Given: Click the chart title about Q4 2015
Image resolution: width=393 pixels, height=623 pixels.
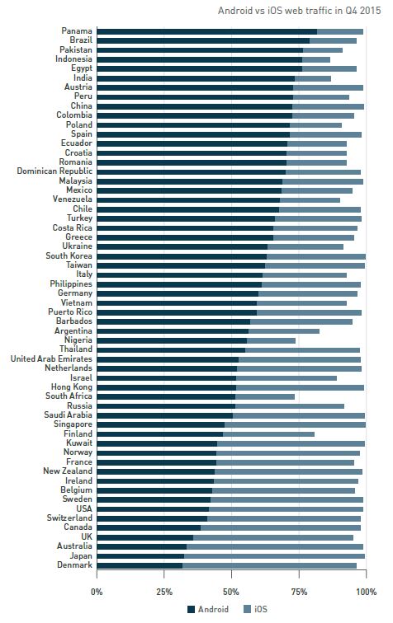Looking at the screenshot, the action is tap(299, 11).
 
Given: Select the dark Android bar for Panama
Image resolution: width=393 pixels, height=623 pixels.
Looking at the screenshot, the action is tap(207, 31).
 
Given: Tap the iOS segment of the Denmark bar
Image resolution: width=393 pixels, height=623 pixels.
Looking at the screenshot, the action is tap(269, 565).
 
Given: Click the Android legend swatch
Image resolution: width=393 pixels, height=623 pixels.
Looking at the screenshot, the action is tap(191, 609).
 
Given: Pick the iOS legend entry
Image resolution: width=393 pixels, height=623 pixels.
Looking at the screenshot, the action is tap(255, 609).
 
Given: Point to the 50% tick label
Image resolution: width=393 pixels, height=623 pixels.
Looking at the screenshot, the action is tap(231, 592).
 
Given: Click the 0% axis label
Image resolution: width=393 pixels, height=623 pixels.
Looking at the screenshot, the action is tap(97, 592).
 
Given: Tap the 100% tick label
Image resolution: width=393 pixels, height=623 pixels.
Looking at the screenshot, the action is tap(366, 592).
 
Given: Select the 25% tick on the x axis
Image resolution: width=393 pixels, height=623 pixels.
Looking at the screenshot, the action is tap(164, 592).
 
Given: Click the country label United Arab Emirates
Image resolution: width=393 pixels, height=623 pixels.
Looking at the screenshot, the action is tap(51, 358).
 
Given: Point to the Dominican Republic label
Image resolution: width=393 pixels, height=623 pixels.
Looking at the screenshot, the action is tap(54, 171).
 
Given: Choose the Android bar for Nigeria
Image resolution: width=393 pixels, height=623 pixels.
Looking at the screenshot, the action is tap(172, 340).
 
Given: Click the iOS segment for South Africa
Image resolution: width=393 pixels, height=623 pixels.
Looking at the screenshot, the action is tap(265, 396).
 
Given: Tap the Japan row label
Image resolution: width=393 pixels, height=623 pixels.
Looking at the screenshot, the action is tap(81, 556).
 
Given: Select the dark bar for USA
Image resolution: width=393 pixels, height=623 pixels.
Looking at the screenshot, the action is tap(153, 509).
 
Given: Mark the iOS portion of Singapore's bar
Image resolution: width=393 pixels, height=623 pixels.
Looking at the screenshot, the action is tap(295, 424).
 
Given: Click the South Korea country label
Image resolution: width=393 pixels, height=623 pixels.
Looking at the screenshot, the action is tap(69, 255).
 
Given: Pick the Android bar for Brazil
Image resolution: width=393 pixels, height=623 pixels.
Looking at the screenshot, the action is tap(203, 40).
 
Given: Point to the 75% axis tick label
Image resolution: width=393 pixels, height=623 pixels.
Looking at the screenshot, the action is tap(299, 592).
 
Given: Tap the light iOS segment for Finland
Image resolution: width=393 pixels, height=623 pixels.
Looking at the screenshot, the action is tap(269, 434).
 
